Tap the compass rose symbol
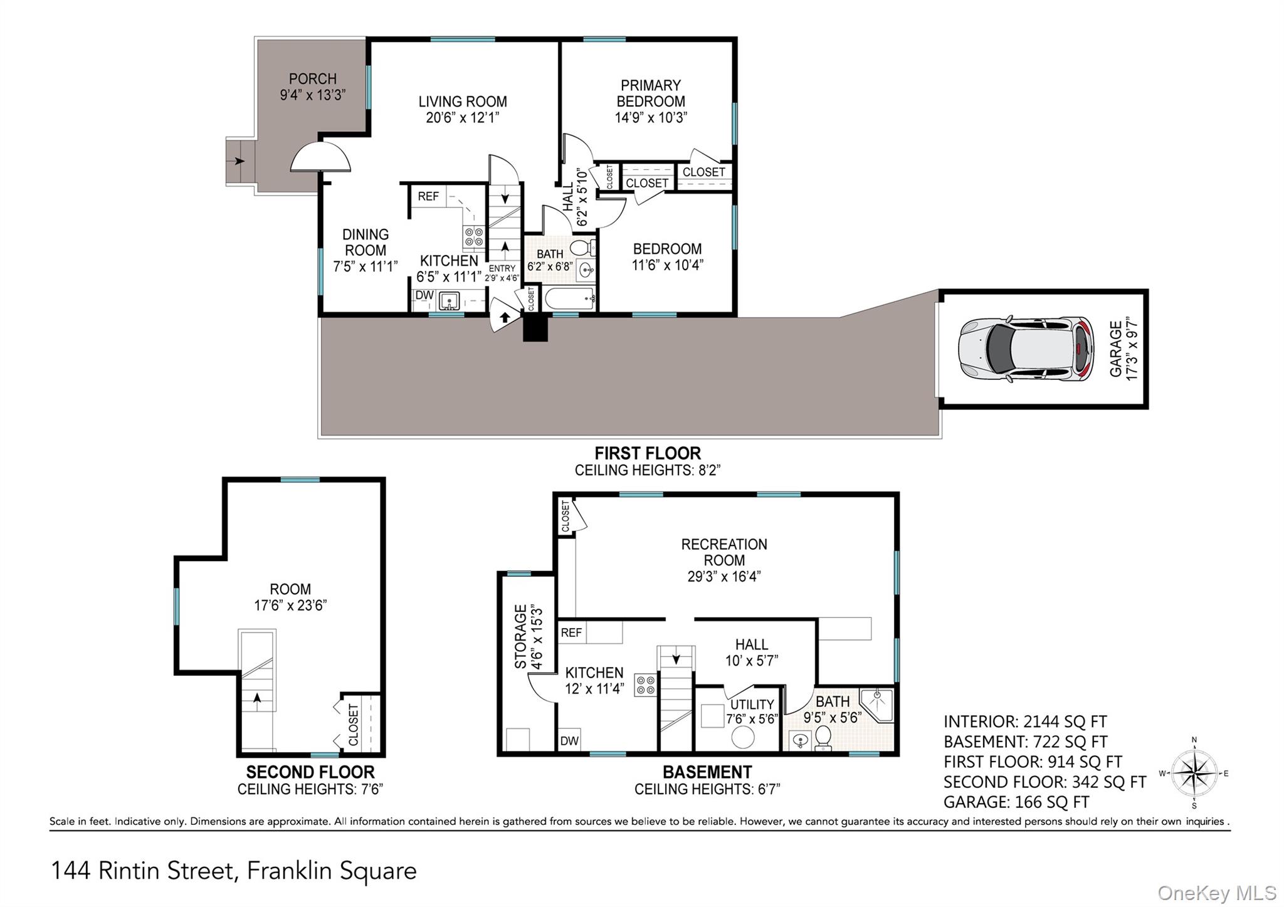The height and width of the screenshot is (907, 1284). point(1194,773)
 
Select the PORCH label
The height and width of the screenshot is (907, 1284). point(312,79)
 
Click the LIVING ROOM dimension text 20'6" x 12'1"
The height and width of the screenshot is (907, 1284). point(462,118)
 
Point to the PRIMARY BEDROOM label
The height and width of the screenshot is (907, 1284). point(650,93)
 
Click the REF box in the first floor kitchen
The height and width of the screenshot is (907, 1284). point(428,196)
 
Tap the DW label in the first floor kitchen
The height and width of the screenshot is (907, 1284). point(424,295)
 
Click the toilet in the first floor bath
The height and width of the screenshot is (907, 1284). point(581,247)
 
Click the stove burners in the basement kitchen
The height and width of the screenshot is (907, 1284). point(645,684)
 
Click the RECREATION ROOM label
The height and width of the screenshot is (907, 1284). point(724,552)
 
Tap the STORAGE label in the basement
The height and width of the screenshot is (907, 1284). point(520,636)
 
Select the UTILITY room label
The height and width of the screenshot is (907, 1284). point(752,705)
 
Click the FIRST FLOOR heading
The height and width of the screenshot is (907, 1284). point(647,453)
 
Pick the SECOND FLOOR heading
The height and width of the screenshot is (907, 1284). point(310,772)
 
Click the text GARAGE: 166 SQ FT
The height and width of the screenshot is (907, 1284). point(1016,802)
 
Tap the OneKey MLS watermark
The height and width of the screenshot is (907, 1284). point(1216,893)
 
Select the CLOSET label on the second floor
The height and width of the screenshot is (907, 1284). point(353,725)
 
